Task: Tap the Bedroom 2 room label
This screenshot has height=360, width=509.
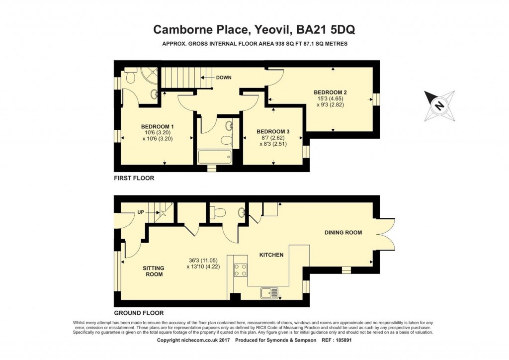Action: coord(330,92)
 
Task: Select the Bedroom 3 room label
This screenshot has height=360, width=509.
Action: coord(273,131)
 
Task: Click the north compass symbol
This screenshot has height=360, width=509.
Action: coord(439,105)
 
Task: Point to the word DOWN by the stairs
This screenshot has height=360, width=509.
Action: coord(224,78)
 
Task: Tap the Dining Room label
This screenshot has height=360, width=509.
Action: coord(343,232)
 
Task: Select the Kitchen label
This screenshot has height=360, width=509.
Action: coord(271,255)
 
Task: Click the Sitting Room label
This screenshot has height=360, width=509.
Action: coord(153,271)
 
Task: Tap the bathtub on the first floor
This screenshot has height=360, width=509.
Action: coord(215,157)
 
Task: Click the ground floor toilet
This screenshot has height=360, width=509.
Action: coord(218,213)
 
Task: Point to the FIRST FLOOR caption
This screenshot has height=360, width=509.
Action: coord(134,178)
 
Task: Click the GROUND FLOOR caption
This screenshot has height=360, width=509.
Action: coord(139,313)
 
